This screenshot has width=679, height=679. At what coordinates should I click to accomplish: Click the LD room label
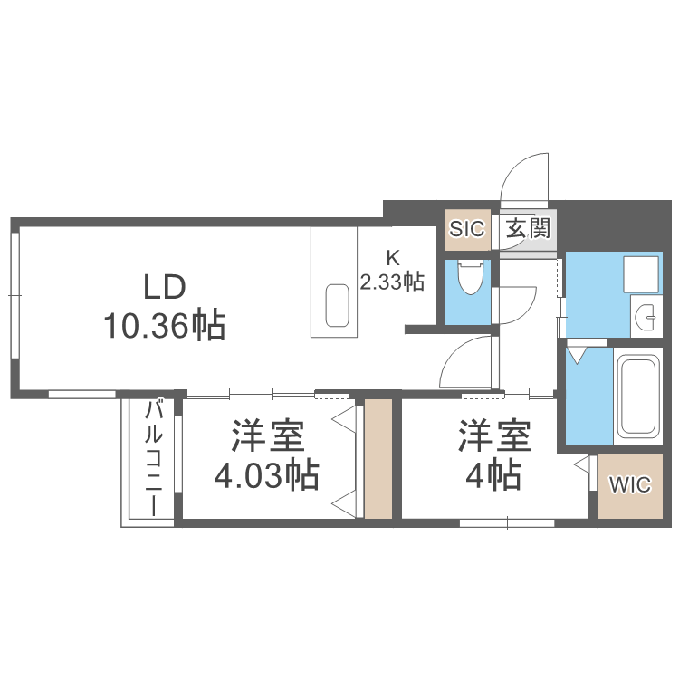165,287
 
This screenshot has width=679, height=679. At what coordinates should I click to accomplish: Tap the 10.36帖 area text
164,324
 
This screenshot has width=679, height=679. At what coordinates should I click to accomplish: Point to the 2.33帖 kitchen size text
393,282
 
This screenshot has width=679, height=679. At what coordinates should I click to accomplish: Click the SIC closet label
467,228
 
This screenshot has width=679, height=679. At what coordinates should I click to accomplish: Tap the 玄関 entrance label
527,228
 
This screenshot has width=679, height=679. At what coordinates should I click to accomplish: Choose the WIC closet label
629,485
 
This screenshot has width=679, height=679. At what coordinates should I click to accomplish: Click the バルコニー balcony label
155,456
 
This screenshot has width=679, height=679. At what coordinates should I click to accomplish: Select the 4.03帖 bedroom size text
266,474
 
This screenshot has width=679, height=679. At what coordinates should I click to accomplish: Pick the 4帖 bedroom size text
493,473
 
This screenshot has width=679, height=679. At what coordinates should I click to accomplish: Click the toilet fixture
470,278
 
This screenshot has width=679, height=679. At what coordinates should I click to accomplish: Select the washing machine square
641,273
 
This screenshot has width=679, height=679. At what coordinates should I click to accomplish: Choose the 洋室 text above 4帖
493,437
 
